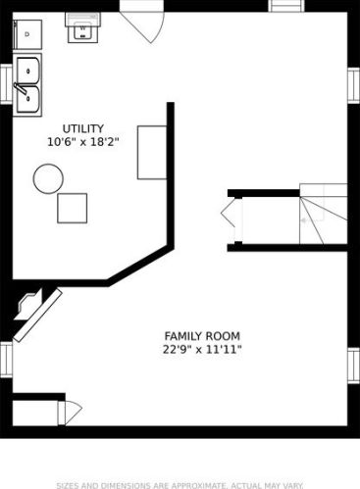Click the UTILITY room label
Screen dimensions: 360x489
(x=83, y=128)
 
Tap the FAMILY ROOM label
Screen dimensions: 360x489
(x=202, y=336)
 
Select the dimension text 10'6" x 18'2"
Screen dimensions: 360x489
(x=83, y=142)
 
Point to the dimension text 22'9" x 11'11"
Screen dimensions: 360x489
(x=202, y=350)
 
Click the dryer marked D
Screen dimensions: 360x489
(x=27, y=34)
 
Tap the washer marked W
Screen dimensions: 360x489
(x=82, y=28)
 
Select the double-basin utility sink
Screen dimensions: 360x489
(x=27, y=85)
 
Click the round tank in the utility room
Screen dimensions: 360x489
(x=48, y=178)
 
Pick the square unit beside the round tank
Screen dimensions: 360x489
(x=72, y=208)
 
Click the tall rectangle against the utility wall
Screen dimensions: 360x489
(x=152, y=153)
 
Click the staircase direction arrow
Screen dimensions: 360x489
(x=304, y=220)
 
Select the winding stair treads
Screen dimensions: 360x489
(x=323, y=214)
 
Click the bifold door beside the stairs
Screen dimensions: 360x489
(x=231, y=219)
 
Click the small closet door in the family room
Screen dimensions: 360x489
(x=70, y=414)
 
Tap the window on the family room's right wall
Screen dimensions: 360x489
(x=353, y=366)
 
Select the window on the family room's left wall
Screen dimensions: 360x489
(x=6, y=360)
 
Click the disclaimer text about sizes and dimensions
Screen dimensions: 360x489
(x=180, y=485)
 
